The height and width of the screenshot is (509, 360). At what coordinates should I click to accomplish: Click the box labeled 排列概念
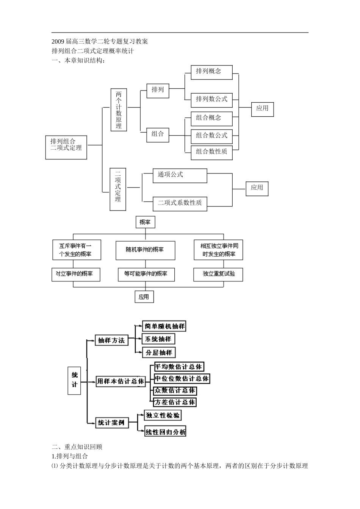point(211,72)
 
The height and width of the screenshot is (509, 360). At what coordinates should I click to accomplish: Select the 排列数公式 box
point(211,100)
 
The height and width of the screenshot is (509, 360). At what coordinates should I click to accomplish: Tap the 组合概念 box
point(211,119)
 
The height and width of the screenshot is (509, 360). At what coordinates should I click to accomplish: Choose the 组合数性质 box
point(211,152)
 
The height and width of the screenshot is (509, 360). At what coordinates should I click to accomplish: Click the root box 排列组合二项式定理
point(66,147)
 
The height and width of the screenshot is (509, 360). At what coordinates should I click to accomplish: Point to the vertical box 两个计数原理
point(119,110)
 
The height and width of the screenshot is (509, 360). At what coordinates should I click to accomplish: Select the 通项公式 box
point(180,175)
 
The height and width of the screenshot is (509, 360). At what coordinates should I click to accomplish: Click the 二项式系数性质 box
point(180,203)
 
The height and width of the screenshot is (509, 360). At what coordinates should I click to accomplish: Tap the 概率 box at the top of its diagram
point(145,222)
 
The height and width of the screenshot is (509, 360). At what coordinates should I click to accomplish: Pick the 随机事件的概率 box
point(145,250)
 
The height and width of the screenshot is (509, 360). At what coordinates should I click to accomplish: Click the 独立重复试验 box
point(218,274)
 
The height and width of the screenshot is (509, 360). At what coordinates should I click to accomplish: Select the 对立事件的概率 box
point(76,274)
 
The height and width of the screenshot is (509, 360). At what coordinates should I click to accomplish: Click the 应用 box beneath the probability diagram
point(144,297)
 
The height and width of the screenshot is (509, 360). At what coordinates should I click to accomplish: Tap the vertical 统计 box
point(75,380)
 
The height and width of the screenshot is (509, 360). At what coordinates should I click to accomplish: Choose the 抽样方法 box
point(111,340)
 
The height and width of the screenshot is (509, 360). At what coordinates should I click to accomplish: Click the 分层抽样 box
point(159,353)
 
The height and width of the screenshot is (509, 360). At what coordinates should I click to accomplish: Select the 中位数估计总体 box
point(182,378)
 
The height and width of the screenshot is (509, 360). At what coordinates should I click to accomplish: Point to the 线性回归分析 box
point(166,432)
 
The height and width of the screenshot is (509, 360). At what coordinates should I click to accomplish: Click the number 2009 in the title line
point(58,41)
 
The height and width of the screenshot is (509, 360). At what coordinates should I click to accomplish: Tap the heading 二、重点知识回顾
point(77,447)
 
